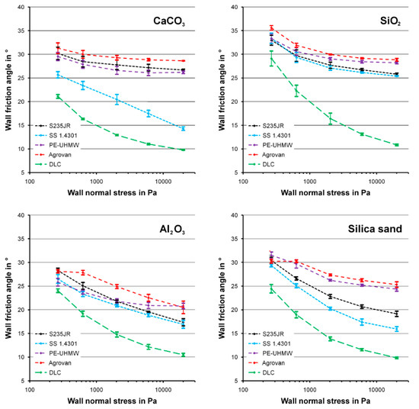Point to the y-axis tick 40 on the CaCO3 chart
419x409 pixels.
(22, 7)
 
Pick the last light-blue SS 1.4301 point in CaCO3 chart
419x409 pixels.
(183, 129)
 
